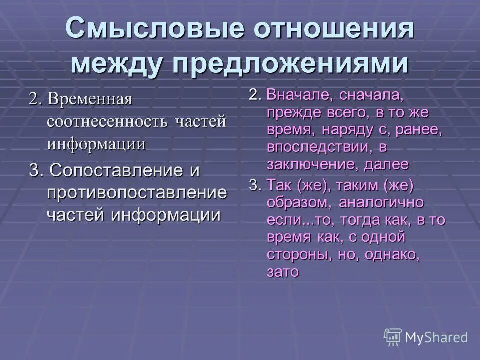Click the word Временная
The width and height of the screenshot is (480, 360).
90,98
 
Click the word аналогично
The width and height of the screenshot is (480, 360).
381,202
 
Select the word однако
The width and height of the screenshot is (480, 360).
393,254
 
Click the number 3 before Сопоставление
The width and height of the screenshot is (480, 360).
34,170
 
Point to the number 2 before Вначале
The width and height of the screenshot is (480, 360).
254,94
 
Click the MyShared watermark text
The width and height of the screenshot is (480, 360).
436,337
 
